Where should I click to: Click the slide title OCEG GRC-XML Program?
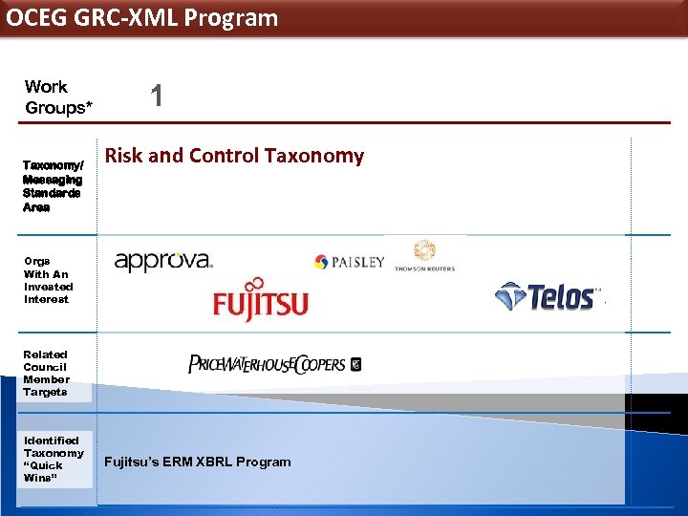coord(142,18)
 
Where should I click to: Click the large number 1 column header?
coord(157,96)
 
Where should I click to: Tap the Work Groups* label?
coord(58,97)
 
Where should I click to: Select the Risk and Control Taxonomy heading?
coord(234,156)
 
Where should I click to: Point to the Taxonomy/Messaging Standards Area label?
coord(53,186)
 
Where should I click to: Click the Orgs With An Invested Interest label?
coord(48,280)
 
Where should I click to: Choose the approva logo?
coord(163,261)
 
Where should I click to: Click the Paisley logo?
coord(349,262)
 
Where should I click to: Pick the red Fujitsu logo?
coord(260,299)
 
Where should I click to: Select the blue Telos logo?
coord(547,296)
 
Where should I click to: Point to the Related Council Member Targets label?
coord(46,373)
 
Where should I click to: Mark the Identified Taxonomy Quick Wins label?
coord(54,459)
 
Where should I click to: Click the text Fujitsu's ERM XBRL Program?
coord(198,462)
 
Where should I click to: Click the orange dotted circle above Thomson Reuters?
coord(424,250)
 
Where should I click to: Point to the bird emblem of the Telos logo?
coord(510,295)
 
